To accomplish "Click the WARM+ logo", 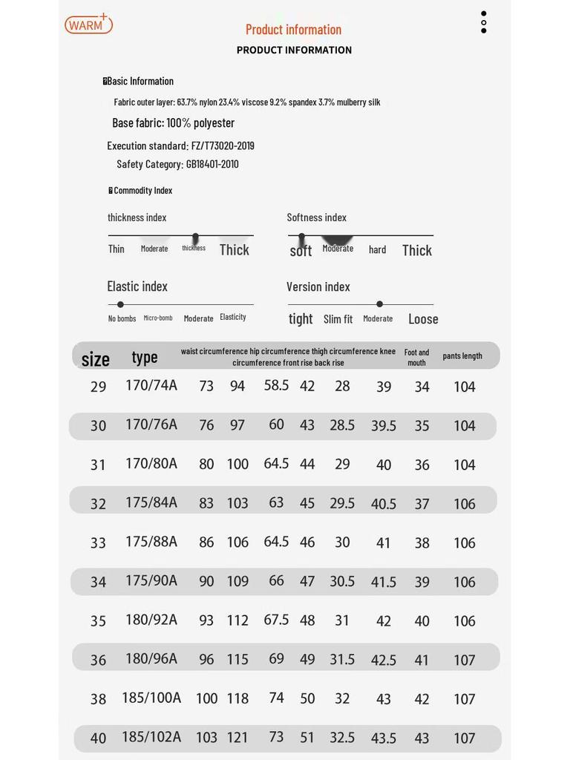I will (88, 24).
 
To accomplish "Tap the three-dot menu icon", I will (484, 22).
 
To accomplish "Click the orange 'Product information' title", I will (293, 30).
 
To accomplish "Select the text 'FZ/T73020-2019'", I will (223, 145).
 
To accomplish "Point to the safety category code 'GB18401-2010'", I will (212, 164).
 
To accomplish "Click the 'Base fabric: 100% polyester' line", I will (173, 123).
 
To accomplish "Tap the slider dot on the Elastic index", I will (120, 304).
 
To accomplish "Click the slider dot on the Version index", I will (379, 304).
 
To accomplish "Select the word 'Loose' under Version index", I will (423, 319).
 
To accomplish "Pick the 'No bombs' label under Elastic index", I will (122, 318).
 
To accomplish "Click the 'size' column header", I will (95, 359).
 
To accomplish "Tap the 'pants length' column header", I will (462, 356).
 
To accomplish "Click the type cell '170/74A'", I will (151, 385).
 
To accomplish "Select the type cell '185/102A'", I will (151, 737).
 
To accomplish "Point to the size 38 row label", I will (98, 699).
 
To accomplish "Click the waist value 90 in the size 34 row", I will (206, 581).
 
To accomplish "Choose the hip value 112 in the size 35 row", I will (237, 620).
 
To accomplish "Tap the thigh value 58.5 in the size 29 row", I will (276, 385).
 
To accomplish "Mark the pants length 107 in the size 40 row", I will (465, 738).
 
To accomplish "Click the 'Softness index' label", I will (317, 217).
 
